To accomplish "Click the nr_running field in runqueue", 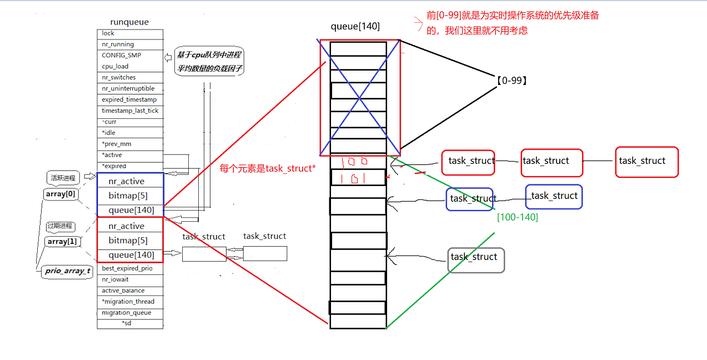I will click(x=118, y=44).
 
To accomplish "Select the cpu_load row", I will click(x=115, y=67).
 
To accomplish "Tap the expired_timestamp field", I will click(x=129, y=100).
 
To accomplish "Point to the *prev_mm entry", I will click(x=117, y=144).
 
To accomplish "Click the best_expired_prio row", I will click(x=127, y=268).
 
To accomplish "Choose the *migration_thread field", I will click(x=128, y=302).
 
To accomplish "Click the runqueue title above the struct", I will click(x=129, y=22).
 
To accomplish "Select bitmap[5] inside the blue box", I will click(x=128, y=196).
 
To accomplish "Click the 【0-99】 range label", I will click(x=510, y=81).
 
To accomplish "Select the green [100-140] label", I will click(x=518, y=217).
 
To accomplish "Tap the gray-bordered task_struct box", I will click(x=475, y=259).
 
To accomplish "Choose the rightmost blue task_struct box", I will click(x=554, y=196).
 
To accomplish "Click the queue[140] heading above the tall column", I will click(x=355, y=27).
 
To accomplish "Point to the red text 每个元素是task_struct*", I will click(x=268, y=168).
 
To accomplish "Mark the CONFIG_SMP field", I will click(x=121, y=56).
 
